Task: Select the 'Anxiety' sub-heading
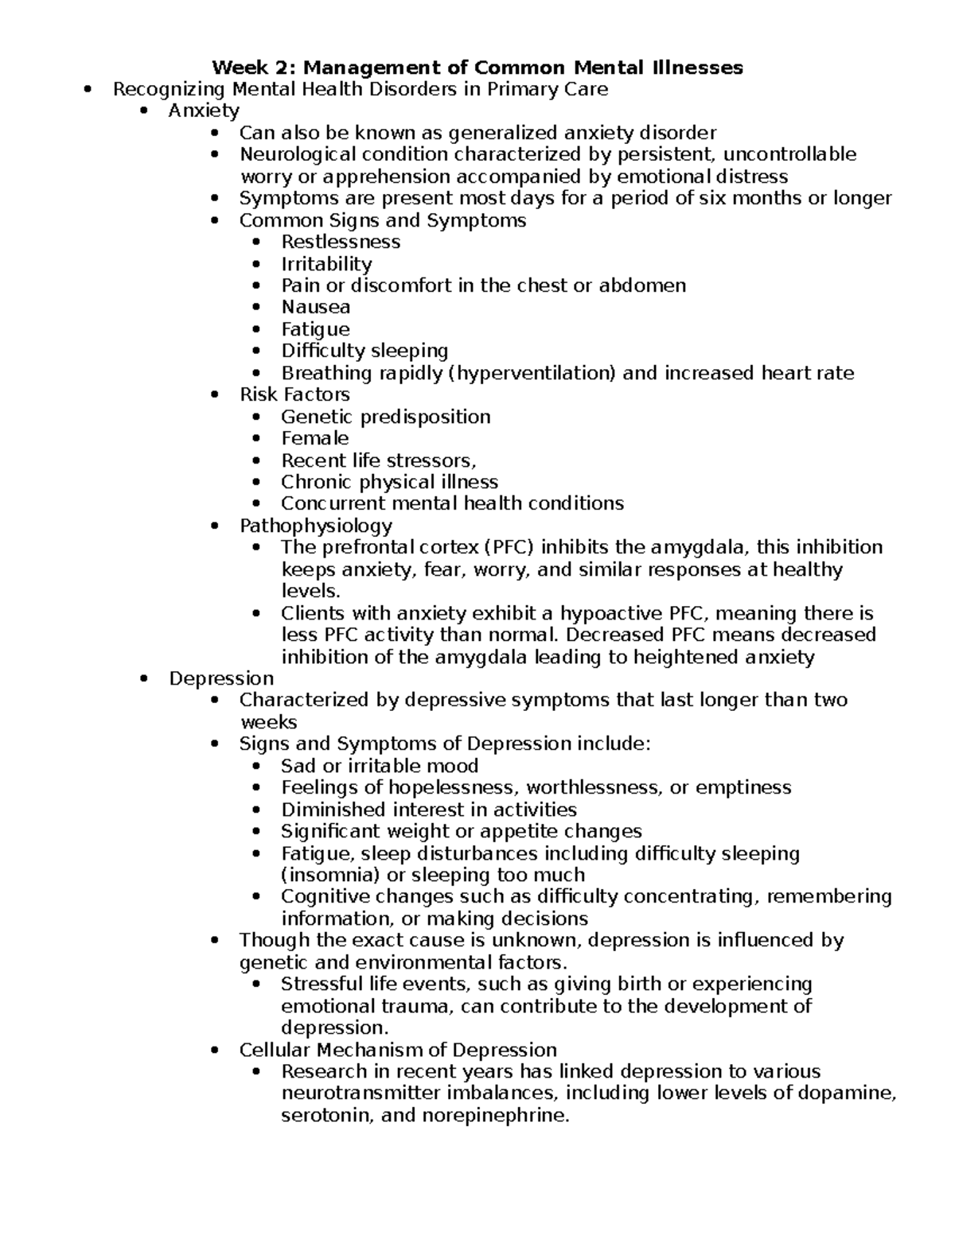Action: point(204,111)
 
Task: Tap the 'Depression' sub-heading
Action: point(221,678)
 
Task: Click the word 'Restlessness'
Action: point(341,242)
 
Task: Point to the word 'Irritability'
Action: point(326,264)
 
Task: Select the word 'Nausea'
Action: point(316,307)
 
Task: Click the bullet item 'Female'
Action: point(315,438)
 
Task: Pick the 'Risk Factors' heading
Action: point(294,394)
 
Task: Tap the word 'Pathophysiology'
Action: point(316,526)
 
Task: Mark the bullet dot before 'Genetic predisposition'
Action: point(255,417)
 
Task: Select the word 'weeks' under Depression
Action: point(268,722)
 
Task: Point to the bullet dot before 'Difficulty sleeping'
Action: point(255,351)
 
